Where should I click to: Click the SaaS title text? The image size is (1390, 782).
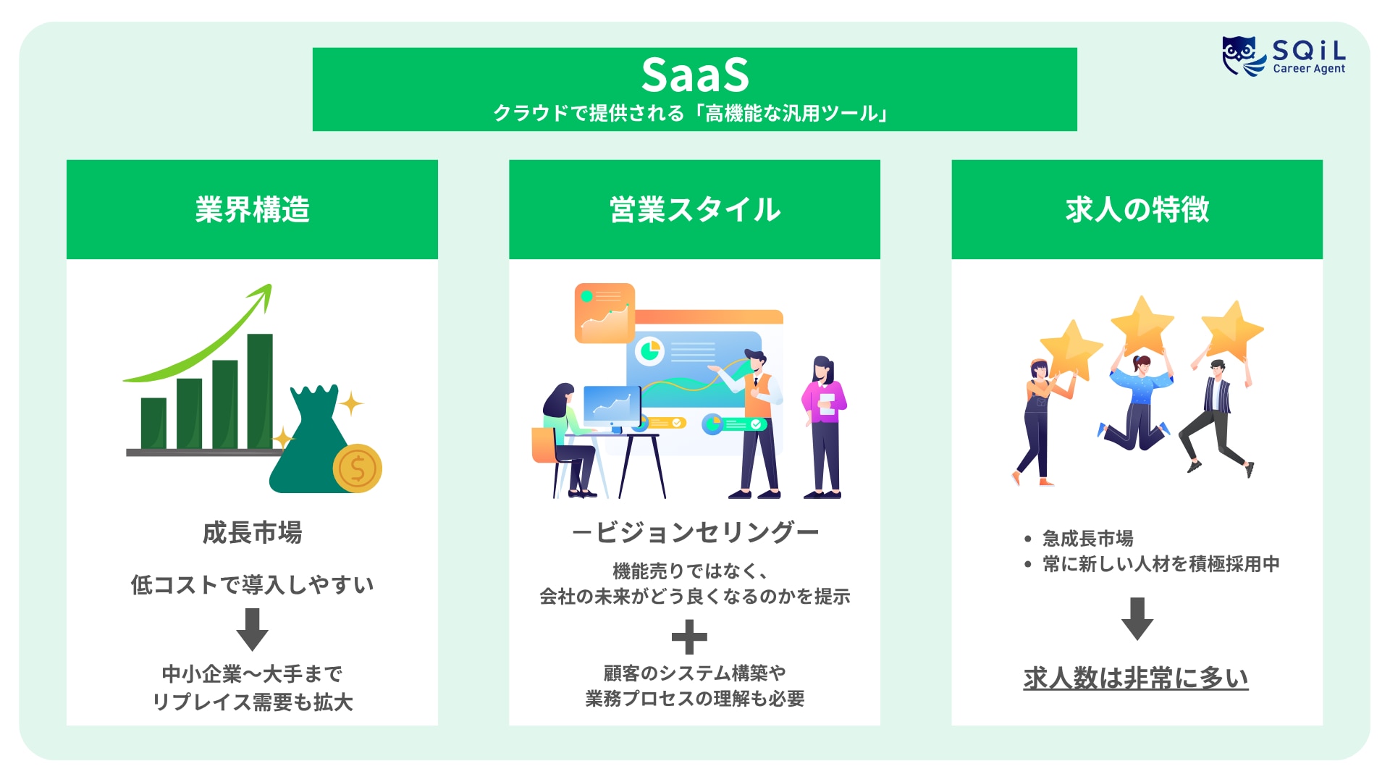[694, 75]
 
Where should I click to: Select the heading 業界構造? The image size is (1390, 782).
[252, 209]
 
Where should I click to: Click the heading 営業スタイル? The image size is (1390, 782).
[694, 209]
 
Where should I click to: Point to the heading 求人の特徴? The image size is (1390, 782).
[1137, 209]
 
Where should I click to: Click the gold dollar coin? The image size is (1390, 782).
[357, 468]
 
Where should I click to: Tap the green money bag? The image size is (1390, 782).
[310, 449]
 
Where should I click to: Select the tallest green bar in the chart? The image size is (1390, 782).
[260, 391]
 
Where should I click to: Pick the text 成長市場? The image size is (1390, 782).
[252, 533]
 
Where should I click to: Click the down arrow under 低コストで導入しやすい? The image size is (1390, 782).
[252, 628]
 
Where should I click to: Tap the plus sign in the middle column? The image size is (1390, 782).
[688, 637]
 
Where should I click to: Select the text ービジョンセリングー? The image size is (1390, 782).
[694, 533]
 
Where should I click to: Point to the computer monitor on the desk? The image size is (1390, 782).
[611, 405]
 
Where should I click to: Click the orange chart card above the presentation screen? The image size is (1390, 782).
[605, 313]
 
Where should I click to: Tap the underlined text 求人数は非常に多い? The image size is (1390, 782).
[1135, 678]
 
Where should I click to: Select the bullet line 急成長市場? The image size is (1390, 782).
[1087, 539]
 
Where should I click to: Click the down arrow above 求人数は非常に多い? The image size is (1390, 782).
[1137, 618]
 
